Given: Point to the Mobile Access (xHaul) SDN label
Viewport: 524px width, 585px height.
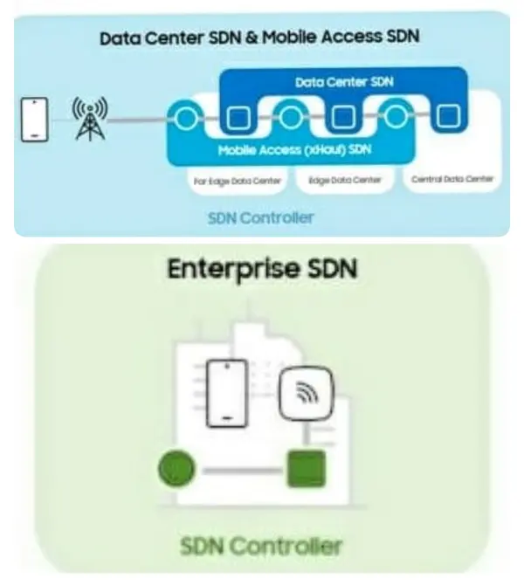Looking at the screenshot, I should coord(294,150).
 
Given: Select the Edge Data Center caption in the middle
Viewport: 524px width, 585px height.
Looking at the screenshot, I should coord(344,182).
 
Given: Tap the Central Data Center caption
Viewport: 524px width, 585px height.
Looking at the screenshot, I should coord(452,181).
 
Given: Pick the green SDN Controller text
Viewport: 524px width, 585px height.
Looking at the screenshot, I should coord(260,547).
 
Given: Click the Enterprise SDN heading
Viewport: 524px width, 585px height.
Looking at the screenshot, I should coord(261,270).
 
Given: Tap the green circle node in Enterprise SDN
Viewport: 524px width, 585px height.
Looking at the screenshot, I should coord(176,469).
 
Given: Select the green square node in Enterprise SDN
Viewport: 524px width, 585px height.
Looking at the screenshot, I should coord(306,469).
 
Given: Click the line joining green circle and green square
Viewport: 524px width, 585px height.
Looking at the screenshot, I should coord(241,470).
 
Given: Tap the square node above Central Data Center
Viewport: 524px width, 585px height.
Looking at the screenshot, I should coord(448,116).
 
